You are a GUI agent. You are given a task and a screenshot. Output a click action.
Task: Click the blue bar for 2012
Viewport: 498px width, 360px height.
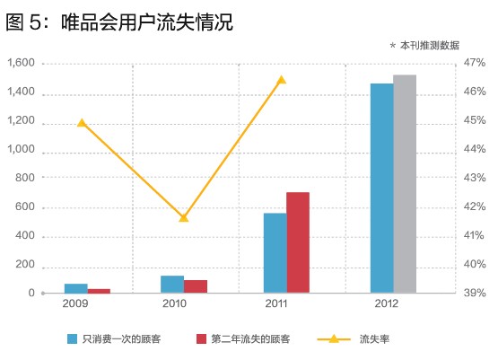click(381, 189)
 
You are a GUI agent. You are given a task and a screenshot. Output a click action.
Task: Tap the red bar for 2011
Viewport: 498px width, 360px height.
click(298, 242)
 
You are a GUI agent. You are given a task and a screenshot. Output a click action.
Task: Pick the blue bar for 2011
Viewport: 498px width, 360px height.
click(275, 253)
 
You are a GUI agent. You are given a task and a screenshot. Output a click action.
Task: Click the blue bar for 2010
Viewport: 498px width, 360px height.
click(172, 284)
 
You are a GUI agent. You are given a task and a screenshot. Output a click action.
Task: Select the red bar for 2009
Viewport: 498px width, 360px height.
click(100, 290)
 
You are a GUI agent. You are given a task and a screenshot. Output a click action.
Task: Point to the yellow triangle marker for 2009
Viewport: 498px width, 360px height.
click(82, 122)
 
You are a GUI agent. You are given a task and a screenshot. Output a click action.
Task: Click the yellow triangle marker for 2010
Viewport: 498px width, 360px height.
click(184, 217)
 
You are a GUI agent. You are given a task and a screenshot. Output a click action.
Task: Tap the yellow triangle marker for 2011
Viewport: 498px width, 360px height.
click(281, 80)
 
